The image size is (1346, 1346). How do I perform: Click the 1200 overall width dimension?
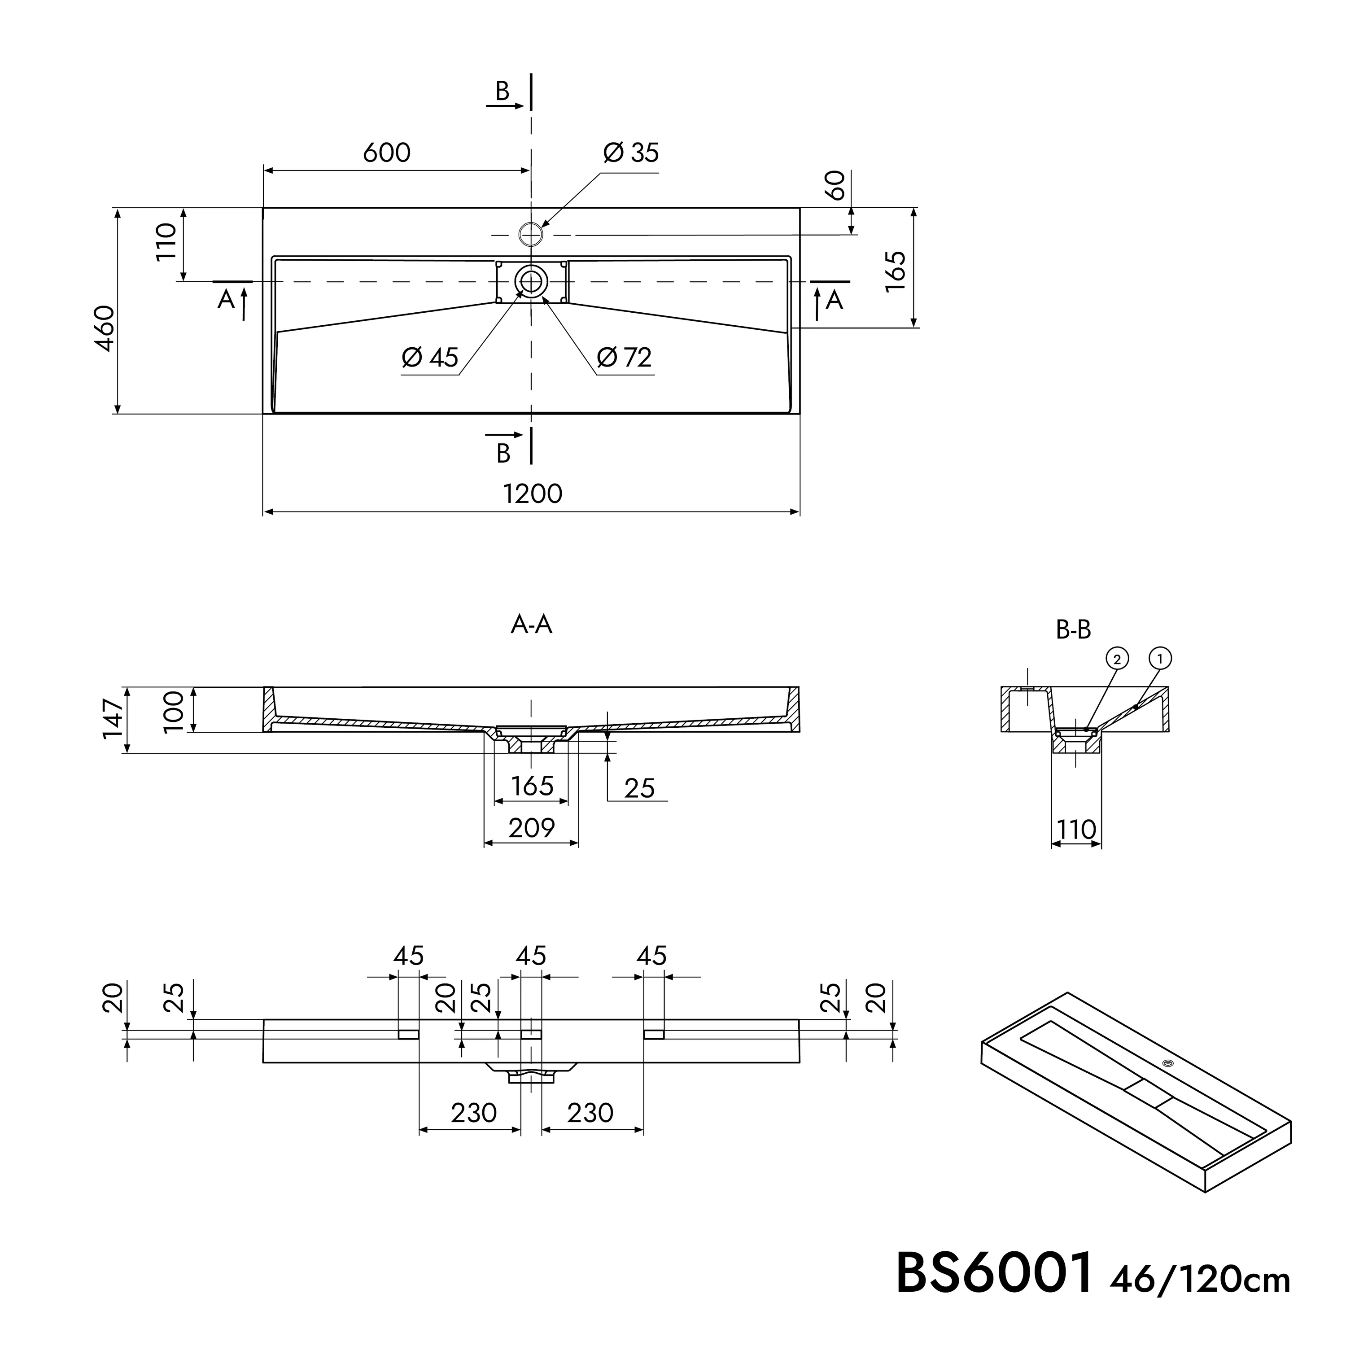[x=532, y=494]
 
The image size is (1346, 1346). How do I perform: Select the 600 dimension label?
[x=387, y=153]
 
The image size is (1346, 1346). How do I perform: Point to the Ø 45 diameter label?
[x=430, y=358]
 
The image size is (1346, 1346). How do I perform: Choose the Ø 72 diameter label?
[x=624, y=358]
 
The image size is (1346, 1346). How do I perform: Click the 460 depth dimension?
[x=105, y=328]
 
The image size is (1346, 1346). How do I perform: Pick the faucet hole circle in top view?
[x=531, y=235]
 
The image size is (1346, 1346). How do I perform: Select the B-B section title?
[x=1073, y=630]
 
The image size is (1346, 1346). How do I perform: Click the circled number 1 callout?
[x=1160, y=658]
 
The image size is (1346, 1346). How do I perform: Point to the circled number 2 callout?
[x=1117, y=658]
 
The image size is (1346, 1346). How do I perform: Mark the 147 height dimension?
[x=113, y=719]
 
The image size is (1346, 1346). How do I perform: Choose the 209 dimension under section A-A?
[x=532, y=828]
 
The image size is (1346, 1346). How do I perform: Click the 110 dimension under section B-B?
[x=1076, y=830]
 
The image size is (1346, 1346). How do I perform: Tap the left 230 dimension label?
[x=474, y=1113]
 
